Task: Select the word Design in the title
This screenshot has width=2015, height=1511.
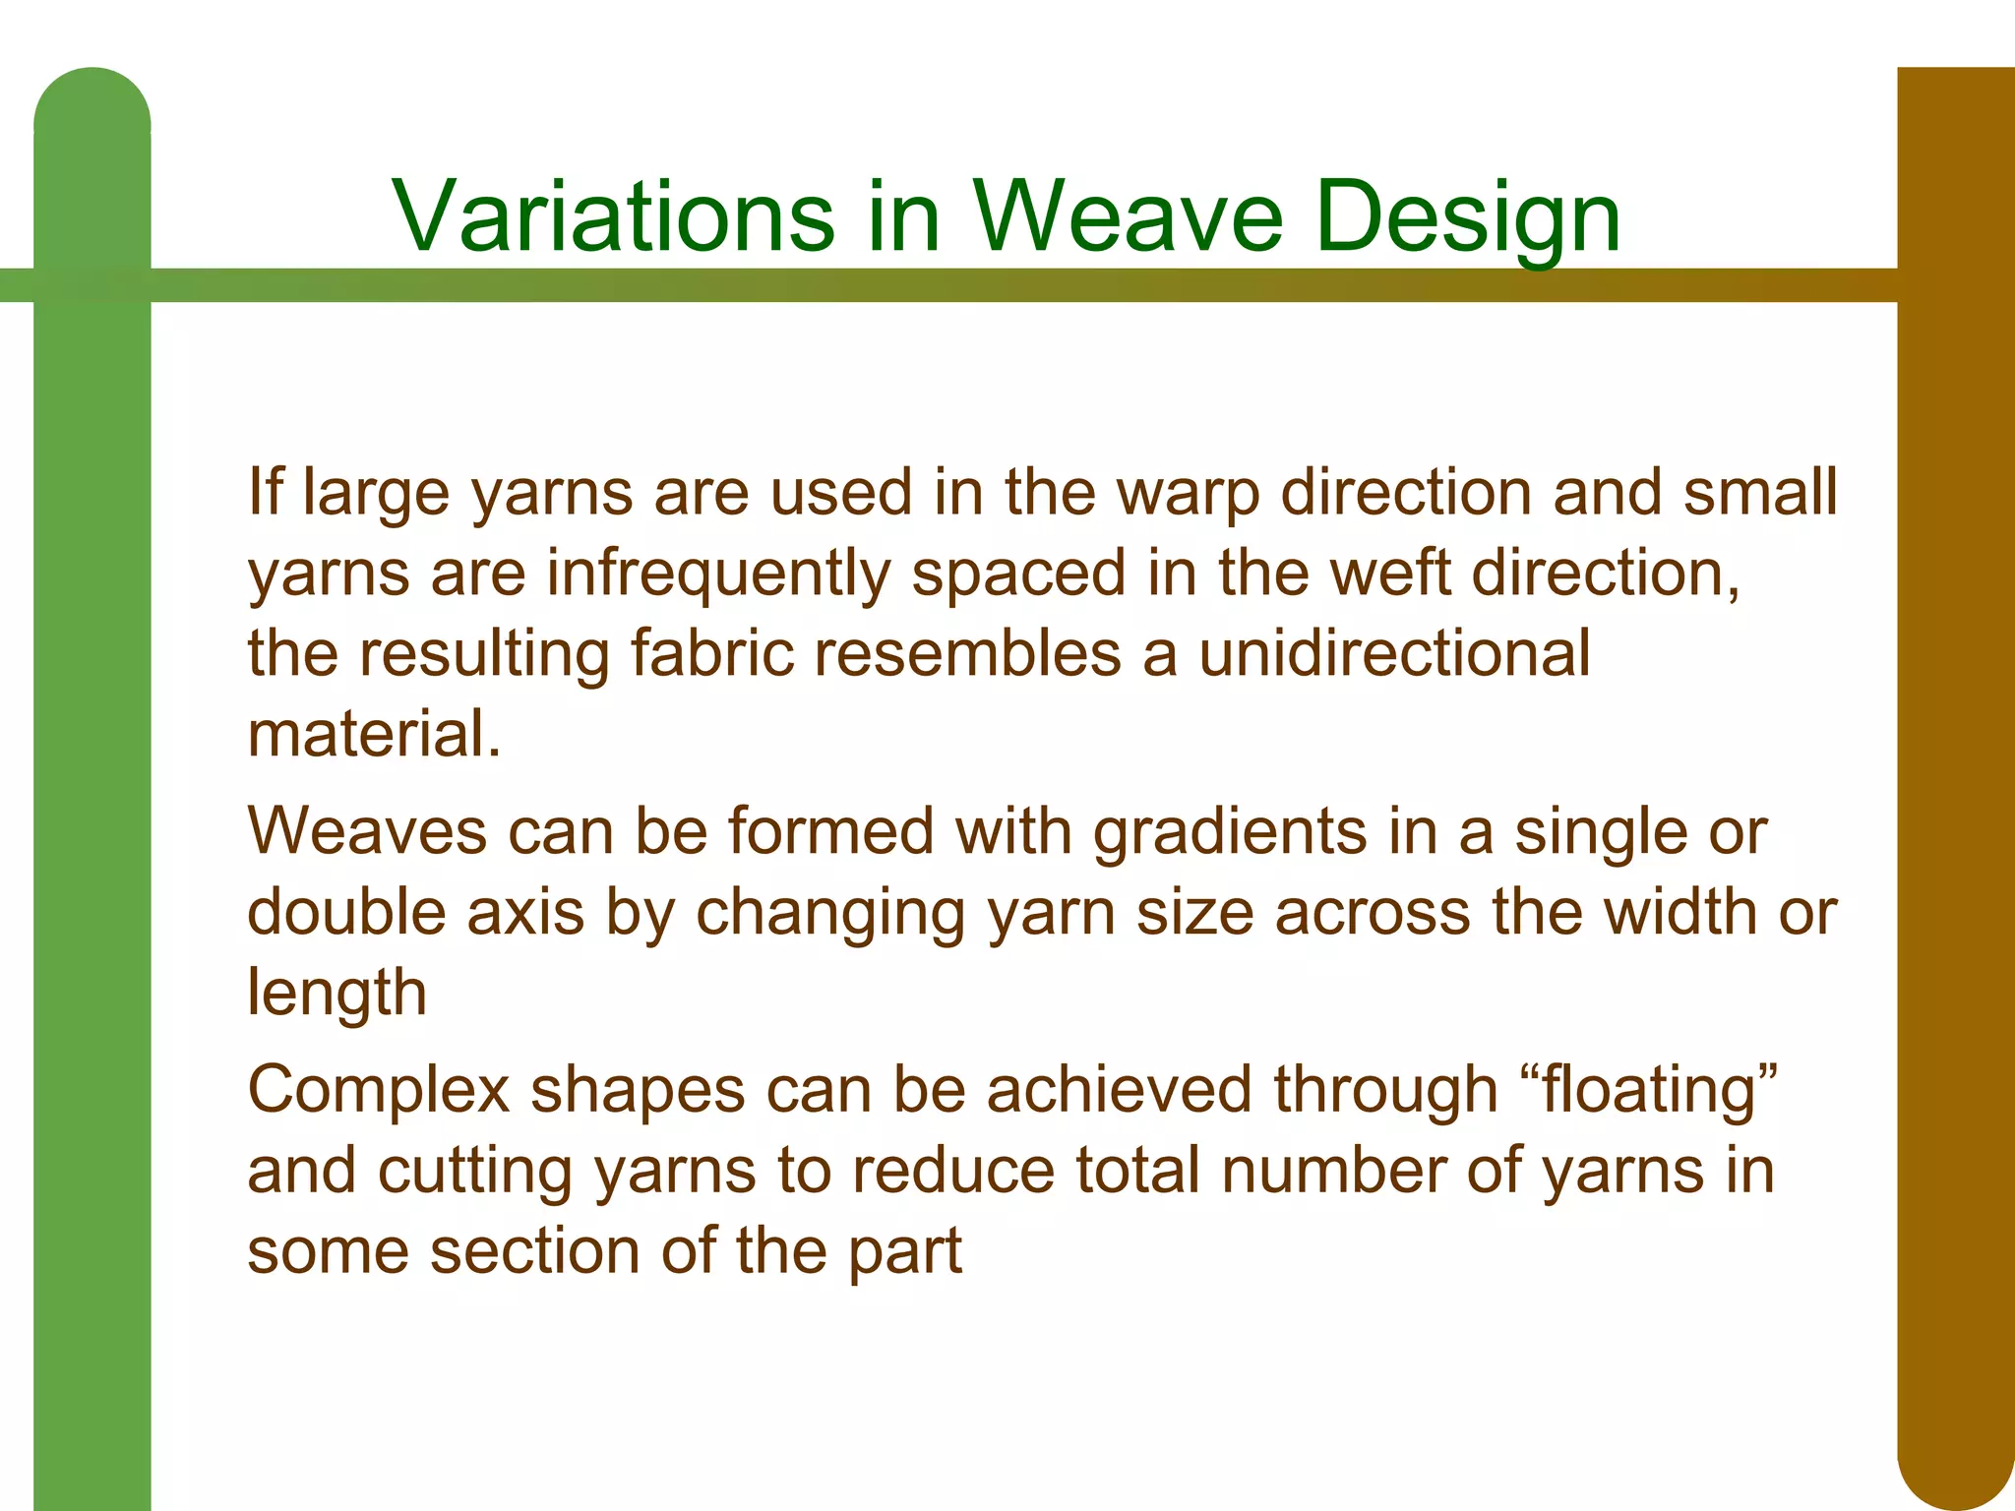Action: click(x=1467, y=215)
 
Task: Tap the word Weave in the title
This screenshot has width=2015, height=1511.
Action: click(x=1129, y=215)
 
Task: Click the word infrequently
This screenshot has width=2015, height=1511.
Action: click(x=717, y=574)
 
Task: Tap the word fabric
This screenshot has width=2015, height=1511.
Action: click(x=711, y=653)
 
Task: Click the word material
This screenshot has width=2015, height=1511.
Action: click(x=374, y=734)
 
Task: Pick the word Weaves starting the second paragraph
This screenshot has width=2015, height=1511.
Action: click(x=367, y=831)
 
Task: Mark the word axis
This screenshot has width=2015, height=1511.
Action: click(x=525, y=912)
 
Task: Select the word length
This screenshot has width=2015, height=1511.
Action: click(x=336, y=994)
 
